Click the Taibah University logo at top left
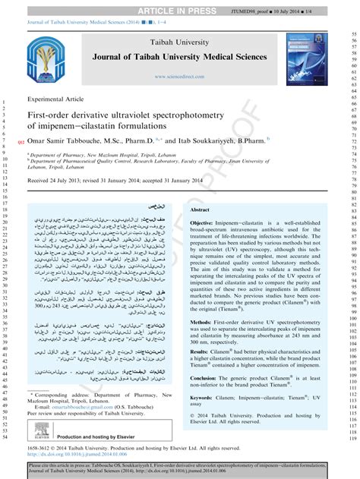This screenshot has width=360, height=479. click(49, 61)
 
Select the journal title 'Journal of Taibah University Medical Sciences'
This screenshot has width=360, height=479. click(179, 58)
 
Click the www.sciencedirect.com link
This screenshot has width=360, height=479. click(179, 77)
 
